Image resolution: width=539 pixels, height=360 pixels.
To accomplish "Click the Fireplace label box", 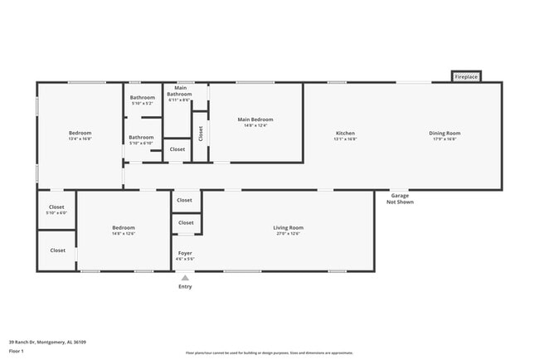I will click(466, 77).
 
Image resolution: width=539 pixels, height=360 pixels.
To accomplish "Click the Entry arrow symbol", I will click(185, 278).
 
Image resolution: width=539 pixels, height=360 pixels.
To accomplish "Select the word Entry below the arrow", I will click(185, 287).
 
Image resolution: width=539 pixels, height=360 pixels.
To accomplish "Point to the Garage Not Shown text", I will click(400, 198).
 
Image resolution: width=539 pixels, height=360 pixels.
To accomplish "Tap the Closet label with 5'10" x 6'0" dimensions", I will click(56, 209).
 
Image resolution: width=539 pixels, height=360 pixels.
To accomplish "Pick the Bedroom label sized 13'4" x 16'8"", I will click(80, 136).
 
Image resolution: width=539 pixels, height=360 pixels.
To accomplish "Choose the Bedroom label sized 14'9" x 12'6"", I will click(124, 230).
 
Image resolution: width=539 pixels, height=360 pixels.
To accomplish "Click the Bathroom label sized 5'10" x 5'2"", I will click(143, 100).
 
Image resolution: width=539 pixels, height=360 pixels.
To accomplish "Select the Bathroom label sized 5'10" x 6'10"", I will click(141, 139).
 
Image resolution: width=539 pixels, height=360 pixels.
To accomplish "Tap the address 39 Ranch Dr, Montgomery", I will click(47, 342).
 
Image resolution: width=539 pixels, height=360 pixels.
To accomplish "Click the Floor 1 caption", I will click(16, 352).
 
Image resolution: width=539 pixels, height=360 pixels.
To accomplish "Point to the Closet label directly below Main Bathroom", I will click(177, 149).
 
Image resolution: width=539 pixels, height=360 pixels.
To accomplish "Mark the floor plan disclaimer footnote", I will click(269, 353).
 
